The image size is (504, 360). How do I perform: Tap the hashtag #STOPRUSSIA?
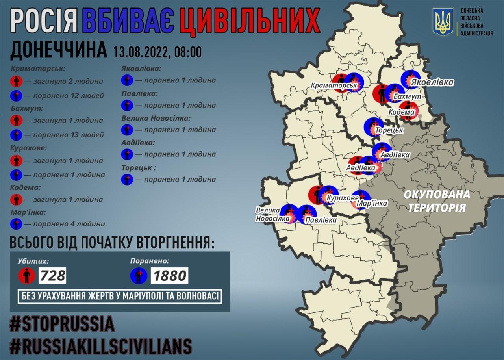click(62, 324)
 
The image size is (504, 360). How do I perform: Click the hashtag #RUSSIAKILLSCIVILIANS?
click(101, 346)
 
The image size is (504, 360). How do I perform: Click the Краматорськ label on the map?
click(330, 85)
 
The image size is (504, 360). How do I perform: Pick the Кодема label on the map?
click(401, 112)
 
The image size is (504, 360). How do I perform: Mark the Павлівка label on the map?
click(321, 220)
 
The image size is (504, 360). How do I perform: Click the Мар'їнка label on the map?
click(371, 204)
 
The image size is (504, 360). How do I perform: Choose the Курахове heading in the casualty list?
click(28, 148)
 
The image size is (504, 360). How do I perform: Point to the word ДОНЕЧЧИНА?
click(58, 50)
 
